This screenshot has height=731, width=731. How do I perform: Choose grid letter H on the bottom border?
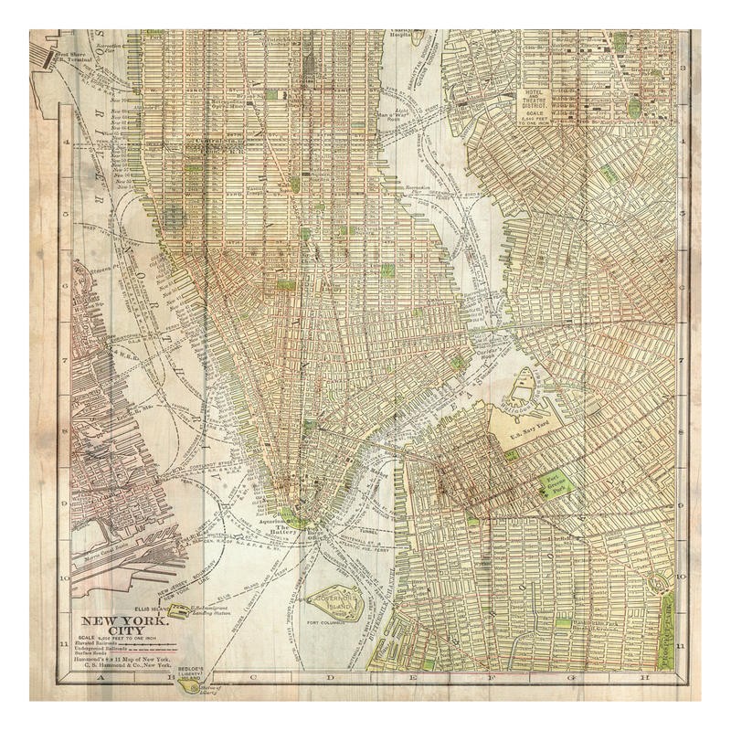[x=644, y=678]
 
